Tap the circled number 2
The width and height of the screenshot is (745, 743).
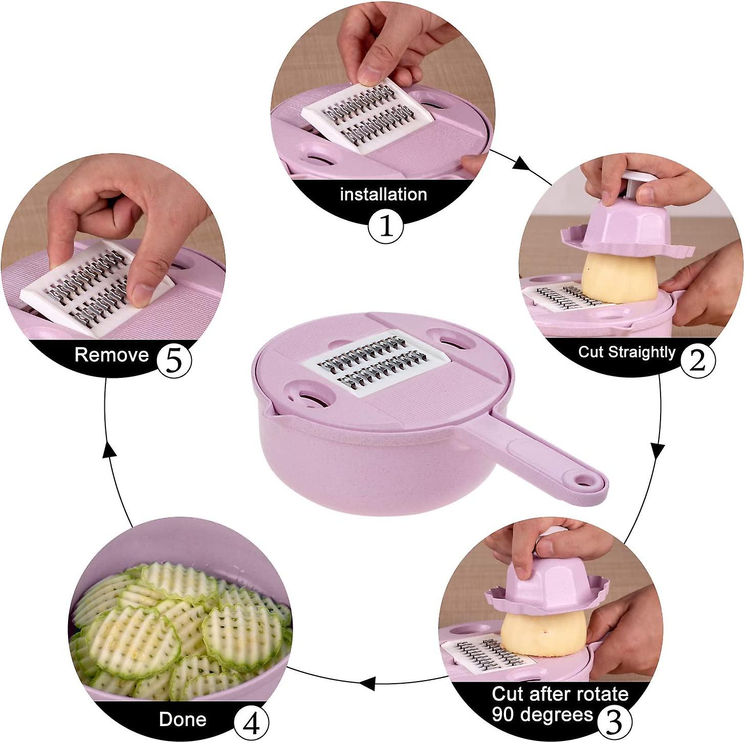click(x=697, y=361)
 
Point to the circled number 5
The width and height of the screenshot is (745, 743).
click(x=174, y=361)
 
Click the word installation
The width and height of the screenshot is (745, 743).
click(x=383, y=195)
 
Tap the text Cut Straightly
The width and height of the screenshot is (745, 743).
click(x=626, y=352)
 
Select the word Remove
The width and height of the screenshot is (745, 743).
click(x=112, y=355)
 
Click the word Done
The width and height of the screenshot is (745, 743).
click(x=183, y=719)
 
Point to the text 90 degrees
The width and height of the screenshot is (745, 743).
click(x=542, y=714)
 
